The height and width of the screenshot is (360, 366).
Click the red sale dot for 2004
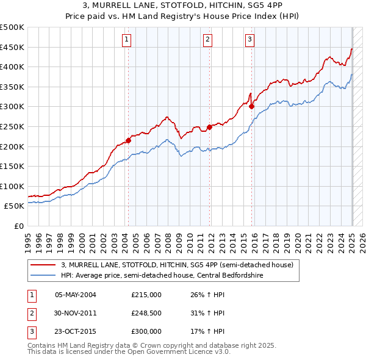(129, 140)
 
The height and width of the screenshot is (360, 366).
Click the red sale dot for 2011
(210, 127)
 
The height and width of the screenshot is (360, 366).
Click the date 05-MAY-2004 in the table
(76, 295)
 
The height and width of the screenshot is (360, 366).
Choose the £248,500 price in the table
(146, 313)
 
